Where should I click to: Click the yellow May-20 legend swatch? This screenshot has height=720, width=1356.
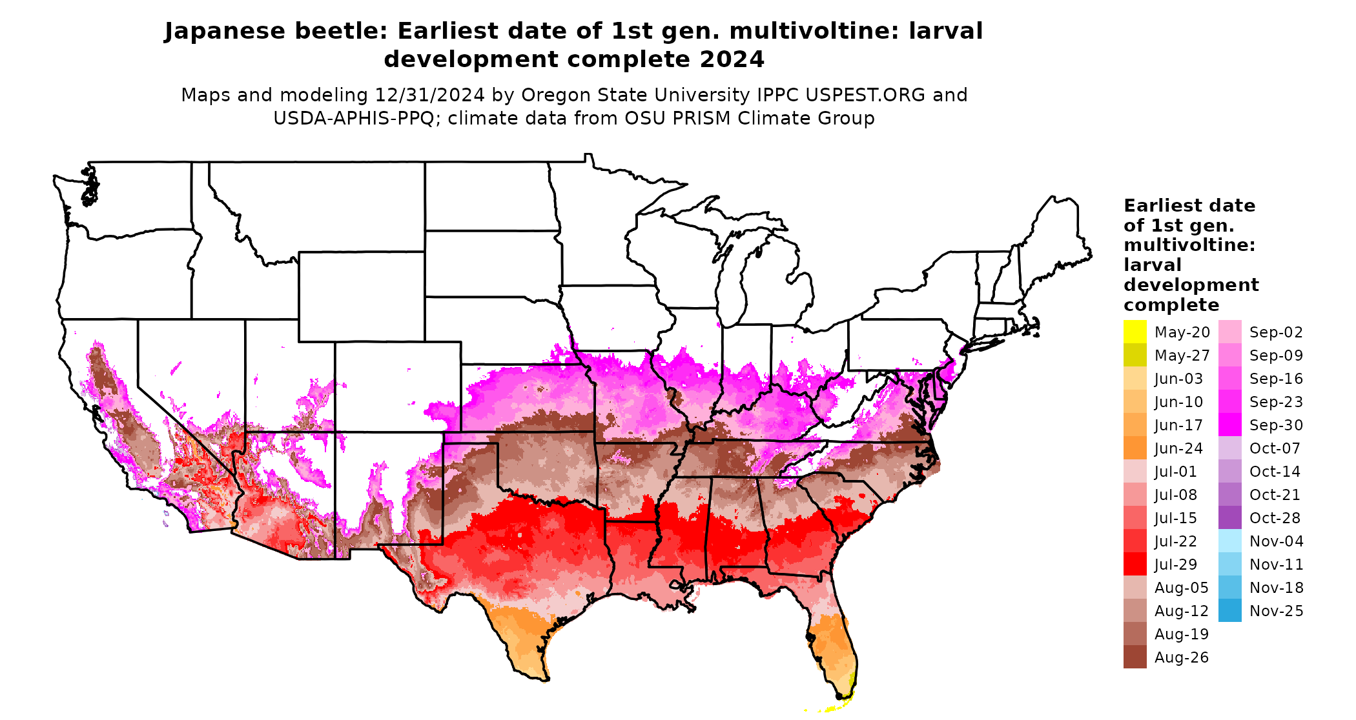coord(1135,332)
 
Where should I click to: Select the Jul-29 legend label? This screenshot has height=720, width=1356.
coord(1175,565)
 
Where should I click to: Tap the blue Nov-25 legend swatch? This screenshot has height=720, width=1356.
coord(1229,610)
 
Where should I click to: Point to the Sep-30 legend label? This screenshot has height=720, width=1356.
coord(1276,425)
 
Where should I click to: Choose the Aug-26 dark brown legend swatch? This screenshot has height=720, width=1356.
coord(1135,657)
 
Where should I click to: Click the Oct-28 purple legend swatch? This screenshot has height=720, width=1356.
coord(1229,517)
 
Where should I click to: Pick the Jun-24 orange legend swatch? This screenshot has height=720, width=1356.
coord(1135,448)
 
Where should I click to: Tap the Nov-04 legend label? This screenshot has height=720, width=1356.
coord(1276,541)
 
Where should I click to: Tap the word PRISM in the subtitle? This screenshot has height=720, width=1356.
coord(654,119)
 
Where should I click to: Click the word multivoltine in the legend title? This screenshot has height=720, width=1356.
coord(1189,245)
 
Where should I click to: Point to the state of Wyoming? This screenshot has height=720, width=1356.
coord(361,296)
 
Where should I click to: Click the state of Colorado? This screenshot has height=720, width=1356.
coord(397,386)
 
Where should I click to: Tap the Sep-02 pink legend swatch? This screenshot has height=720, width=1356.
coord(1229,332)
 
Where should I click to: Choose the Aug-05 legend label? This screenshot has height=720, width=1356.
coord(1181,588)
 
